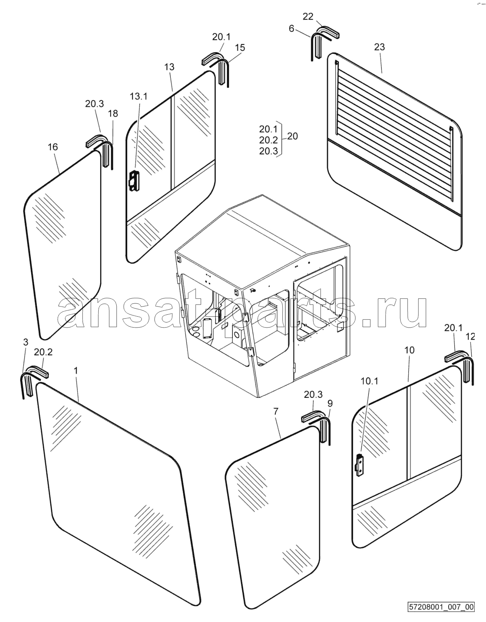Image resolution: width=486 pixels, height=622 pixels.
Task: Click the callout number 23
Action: pyautogui.click(x=380, y=47)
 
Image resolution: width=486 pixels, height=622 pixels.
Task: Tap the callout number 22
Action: pyautogui.click(x=308, y=17)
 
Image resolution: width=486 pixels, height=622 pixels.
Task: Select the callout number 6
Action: pyautogui.click(x=291, y=28)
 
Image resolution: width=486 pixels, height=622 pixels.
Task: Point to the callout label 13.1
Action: pyautogui.click(x=138, y=96)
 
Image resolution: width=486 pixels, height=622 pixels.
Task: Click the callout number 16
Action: pyautogui.click(x=53, y=147)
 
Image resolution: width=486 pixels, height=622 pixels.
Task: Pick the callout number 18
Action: pyautogui.click(x=113, y=113)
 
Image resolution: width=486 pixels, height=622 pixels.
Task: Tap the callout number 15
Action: pyautogui.click(x=240, y=48)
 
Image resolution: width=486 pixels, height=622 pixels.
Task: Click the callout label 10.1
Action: pyautogui.click(x=369, y=381)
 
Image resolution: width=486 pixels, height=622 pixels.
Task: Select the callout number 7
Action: pyautogui.click(x=275, y=411)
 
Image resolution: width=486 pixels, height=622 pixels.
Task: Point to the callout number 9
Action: pyautogui.click(x=330, y=404)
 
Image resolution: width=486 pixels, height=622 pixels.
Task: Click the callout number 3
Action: pyautogui.click(x=25, y=342)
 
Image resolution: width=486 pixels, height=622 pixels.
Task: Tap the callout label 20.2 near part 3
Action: pyautogui.click(x=43, y=353)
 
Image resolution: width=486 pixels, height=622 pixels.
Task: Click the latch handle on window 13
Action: pyautogui.click(x=134, y=180)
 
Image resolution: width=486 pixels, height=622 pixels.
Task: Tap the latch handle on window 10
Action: pyautogui.click(x=360, y=466)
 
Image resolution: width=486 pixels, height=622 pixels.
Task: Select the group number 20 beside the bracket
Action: pyautogui.click(x=292, y=136)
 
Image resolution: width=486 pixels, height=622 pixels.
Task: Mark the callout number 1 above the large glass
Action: pyautogui.click(x=76, y=371)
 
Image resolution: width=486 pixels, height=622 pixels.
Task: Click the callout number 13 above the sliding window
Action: pyautogui.click(x=169, y=67)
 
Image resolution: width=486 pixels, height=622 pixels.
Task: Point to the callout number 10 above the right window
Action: pyautogui.click(x=410, y=350)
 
